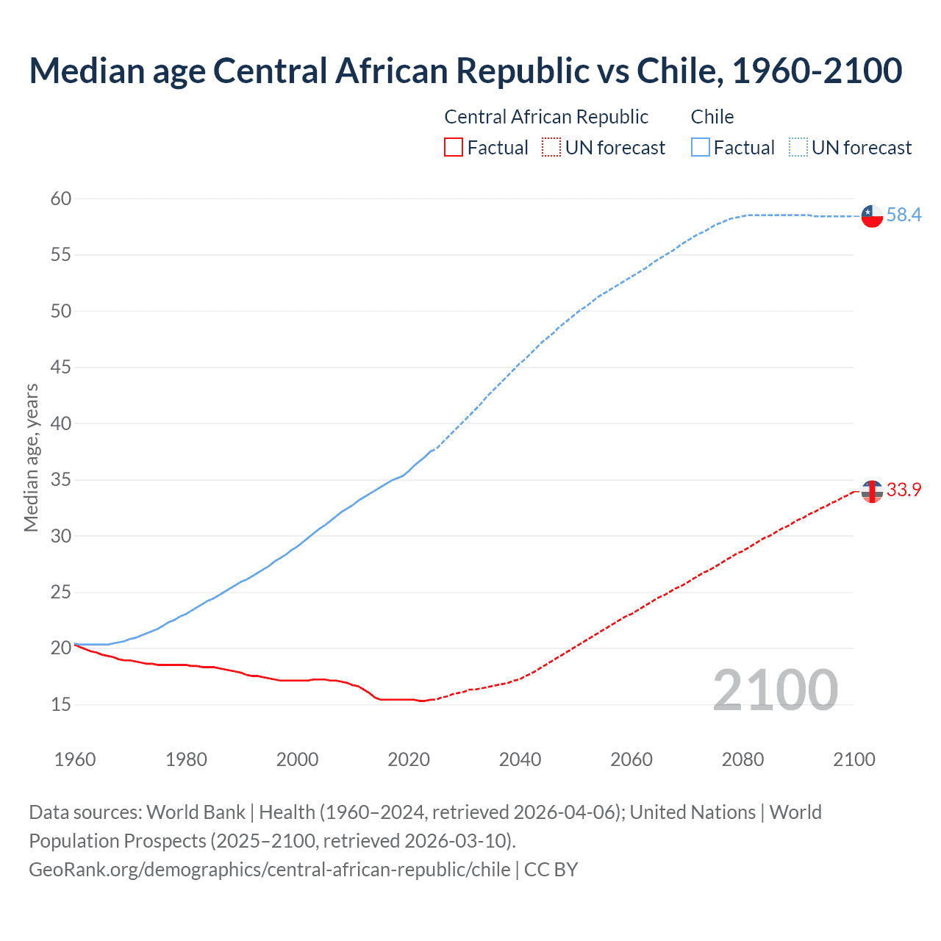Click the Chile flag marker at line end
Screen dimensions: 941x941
tap(872, 216)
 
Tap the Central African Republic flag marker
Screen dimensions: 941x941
tap(872, 491)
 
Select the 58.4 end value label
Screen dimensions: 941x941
tap(904, 215)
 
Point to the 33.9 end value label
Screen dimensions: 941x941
tap(904, 490)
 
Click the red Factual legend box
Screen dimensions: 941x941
tap(454, 148)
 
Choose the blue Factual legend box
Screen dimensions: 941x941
tap(700, 148)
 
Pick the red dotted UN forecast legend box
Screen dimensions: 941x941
tap(551, 148)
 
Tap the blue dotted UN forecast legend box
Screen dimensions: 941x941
tap(798, 148)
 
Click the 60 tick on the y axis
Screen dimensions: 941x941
tap(61, 198)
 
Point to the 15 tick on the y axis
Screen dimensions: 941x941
tap(61, 704)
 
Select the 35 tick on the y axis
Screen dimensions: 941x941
tap(61, 480)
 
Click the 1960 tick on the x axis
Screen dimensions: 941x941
tap(75, 759)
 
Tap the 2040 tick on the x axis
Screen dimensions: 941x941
tap(520, 759)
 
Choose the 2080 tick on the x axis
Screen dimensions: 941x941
tap(743, 759)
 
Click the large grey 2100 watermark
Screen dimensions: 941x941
tap(775, 690)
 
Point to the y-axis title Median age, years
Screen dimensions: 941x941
tap(31, 457)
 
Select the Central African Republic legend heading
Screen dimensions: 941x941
tap(546, 117)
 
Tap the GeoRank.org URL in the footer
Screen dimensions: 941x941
tap(269, 870)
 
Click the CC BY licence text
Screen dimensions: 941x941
tap(551, 870)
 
